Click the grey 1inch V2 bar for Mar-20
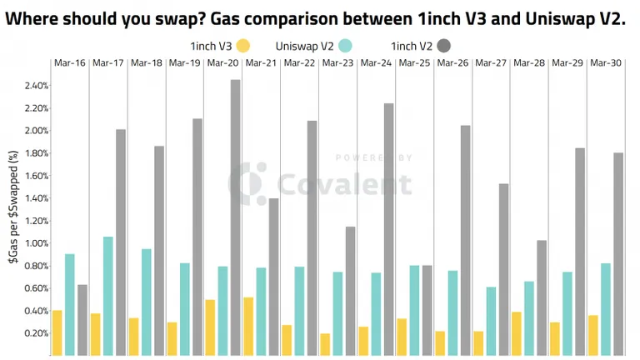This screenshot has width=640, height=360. pos(236,217)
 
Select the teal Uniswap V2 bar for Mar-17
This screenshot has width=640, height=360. pos(108,296)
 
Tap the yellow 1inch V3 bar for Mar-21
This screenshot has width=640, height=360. pos(248,326)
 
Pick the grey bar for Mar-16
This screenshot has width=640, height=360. pos(82,320)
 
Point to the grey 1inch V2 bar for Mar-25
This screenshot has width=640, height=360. pos(427,310)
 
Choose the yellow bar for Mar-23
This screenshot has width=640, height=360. pos(325,344)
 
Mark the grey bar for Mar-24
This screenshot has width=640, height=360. pos(388,229)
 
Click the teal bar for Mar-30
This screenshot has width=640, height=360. pos(606,309)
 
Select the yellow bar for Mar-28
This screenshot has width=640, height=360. pos(517,333)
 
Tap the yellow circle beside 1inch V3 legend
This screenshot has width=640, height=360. pos(242,46)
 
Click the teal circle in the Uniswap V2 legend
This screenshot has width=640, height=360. pos(345,46)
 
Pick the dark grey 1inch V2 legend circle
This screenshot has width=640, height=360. pos(443,46)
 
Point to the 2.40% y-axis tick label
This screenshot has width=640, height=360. pos(37,86)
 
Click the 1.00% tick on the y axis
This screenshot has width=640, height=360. pos(37,243)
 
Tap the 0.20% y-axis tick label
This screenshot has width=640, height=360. pos(37,333)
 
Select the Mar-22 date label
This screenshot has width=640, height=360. pos(299,62)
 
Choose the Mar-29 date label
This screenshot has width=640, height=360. pos(567,62)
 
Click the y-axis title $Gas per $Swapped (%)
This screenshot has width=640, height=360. pos(13,207)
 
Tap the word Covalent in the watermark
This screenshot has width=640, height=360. pos(344,183)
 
